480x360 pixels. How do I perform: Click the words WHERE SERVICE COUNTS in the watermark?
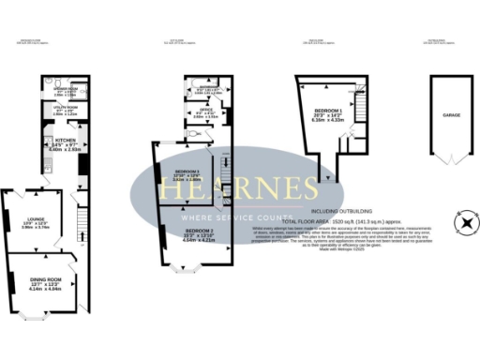pos(240,215)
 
